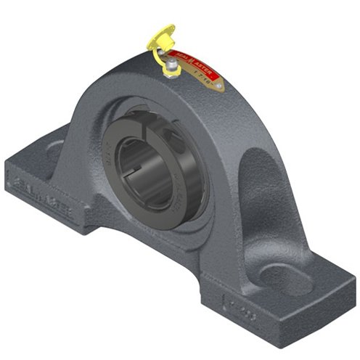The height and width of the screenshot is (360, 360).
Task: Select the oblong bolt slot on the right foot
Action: pyautogui.click(x=287, y=279)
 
